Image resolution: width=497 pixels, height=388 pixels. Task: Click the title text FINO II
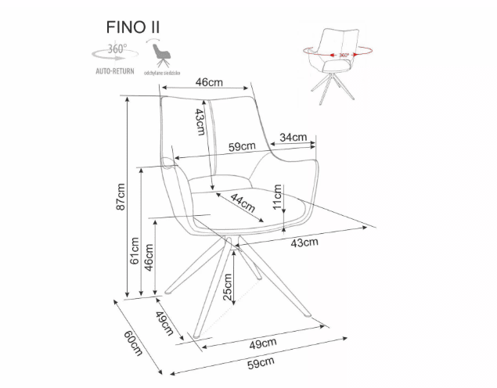click(134, 26)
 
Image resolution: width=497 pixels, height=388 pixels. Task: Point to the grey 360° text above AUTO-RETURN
click(117, 49)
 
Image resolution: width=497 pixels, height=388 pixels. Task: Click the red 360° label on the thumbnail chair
click(344, 56)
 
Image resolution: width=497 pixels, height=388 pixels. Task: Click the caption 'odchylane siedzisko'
click(164, 71)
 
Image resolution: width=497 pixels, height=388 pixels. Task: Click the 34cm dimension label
click(294, 138)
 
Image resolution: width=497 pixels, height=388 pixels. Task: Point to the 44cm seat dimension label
click(243, 205)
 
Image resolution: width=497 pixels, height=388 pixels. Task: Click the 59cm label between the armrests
click(242, 146)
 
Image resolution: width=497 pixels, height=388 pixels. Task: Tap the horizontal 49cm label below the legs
click(264, 343)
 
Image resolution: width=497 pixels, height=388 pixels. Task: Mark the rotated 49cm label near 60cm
click(164, 322)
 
